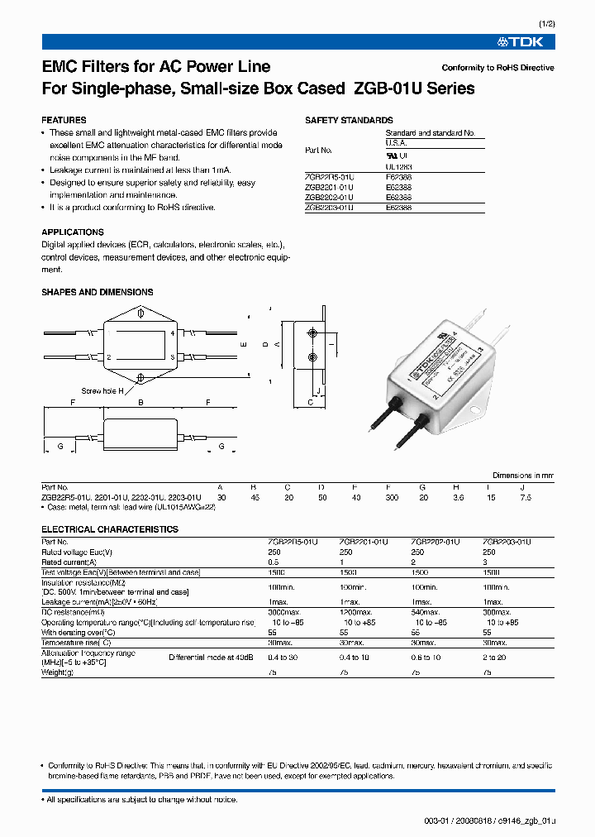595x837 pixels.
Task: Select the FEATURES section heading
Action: pyautogui.click(x=64, y=120)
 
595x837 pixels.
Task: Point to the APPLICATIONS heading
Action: pyautogui.click(x=73, y=232)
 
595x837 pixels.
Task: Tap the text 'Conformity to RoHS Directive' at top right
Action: pyautogui.click(x=497, y=68)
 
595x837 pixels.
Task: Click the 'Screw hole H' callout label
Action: pyautogui.click(x=102, y=390)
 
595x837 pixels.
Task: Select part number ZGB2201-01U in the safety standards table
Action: pyautogui.click(x=329, y=187)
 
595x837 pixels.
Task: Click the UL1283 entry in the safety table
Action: pyautogui.click(x=398, y=166)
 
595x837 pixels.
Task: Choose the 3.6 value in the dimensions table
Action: pyautogui.click(x=458, y=498)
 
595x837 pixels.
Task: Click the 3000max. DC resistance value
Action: pyautogui.click(x=286, y=612)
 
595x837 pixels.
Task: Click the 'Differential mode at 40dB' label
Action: pyautogui.click(x=212, y=658)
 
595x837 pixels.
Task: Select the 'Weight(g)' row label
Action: pyautogui.click(x=58, y=672)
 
